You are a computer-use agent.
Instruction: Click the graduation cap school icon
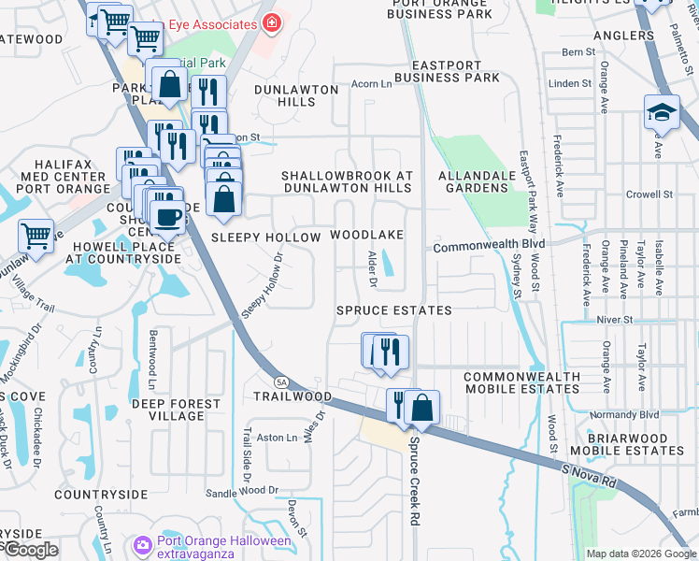pyautogui.click(x=662, y=112)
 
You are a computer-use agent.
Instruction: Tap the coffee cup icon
pyautogui.click(x=168, y=217)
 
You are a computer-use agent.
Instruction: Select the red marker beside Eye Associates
pyautogui.click(x=271, y=23)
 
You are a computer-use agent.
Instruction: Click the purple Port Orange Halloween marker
pyautogui.click(x=142, y=543)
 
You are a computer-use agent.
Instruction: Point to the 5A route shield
pyautogui.click(x=281, y=381)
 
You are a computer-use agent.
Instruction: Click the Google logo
pyautogui.click(x=31, y=550)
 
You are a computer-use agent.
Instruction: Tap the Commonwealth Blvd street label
pyautogui.click(x=488, y=246)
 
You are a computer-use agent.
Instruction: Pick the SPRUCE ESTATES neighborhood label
pyautogui.click(x=394, y=309)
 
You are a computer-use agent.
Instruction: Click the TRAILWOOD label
pyautogui.click(x=292, y=396)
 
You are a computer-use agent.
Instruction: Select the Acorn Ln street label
pyautogui.click(x=371, y=84)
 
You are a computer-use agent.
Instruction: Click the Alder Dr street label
pyautogui.click(x=373, y=264)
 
